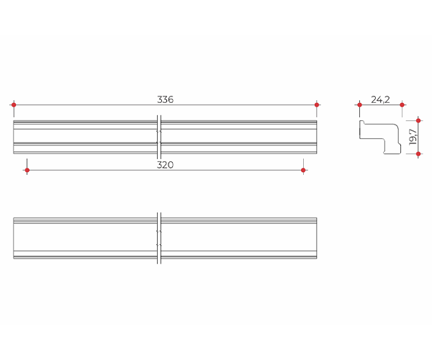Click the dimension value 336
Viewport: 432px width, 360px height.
(165, 99)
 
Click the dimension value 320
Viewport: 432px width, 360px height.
(165, 165)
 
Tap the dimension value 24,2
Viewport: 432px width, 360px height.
(380, 99)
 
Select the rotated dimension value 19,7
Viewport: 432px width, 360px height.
(413, 137)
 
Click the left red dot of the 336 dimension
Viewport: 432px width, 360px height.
(14, 104)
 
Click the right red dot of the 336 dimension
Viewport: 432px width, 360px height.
(317, 104)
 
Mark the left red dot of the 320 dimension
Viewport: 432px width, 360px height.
(27, 170)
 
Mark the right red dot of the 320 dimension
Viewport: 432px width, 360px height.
(303, 170)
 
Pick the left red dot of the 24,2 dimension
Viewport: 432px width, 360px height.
(359, 104)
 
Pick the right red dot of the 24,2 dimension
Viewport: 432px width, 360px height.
(402, 104)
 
